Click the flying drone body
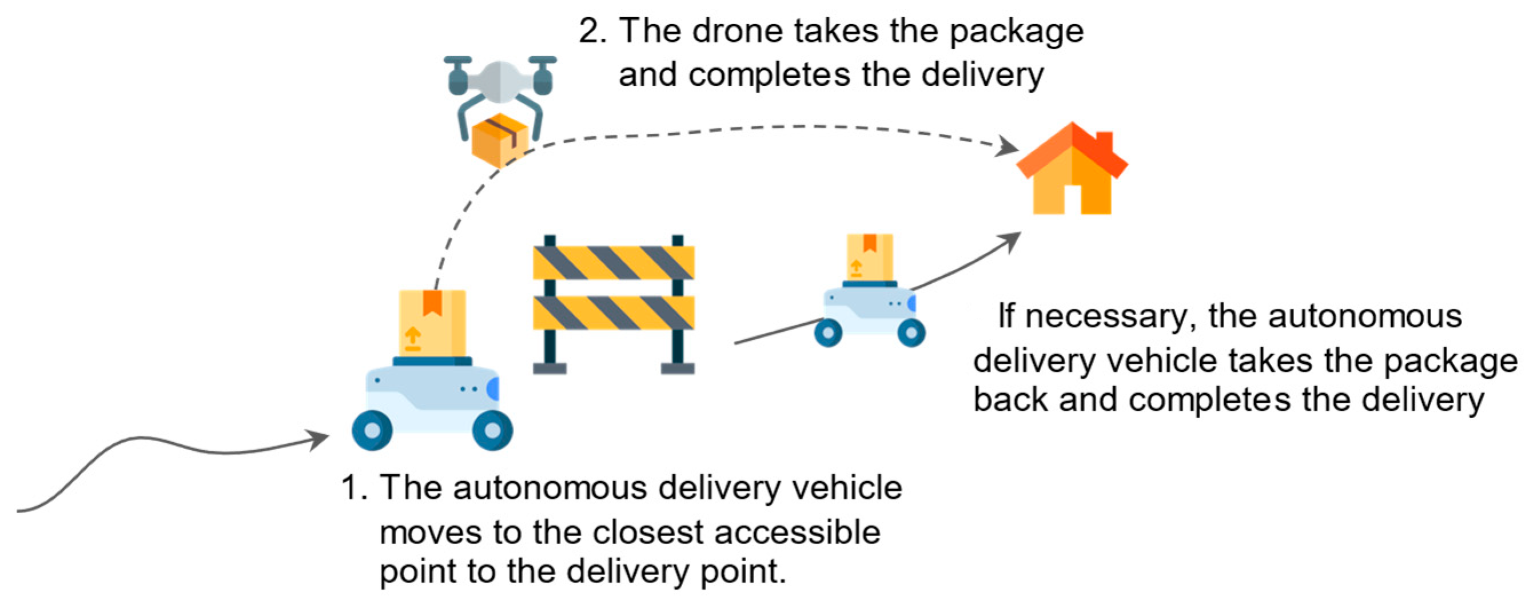[500, 80]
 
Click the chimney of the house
[1104, 142]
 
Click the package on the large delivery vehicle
[432, 323]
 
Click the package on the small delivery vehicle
[869, 256]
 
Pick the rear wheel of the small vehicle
[828, 333]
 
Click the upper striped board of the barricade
[614, 263]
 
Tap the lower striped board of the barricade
[614, 313]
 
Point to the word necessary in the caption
[1106, 317]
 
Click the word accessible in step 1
[797, 533]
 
